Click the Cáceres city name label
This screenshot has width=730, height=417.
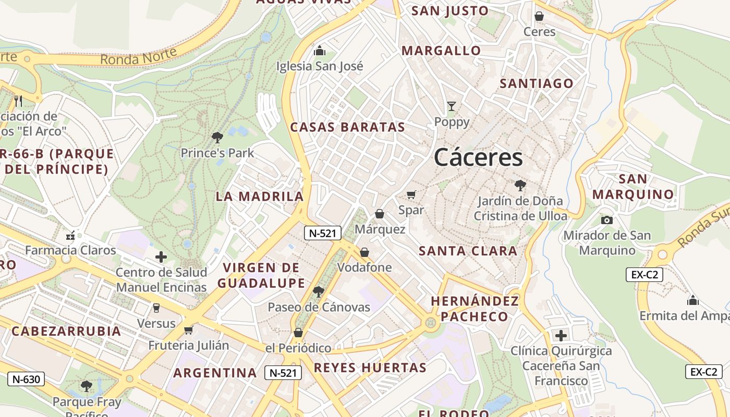[x=478, y=157]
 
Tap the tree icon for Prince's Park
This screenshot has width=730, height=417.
[x=217, y=138]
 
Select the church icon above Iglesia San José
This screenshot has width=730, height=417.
[x=319, y=51]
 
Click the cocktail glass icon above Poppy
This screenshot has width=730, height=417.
[x=452, y=106]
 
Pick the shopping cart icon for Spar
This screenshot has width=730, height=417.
[x=411, y=195]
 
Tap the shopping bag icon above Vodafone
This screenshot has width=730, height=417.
[x=364, y=252]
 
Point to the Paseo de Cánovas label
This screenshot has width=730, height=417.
[x=319, y=307]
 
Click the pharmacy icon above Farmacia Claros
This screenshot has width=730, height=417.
[x=70, y=236]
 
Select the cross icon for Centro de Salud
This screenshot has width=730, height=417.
[x=161, y=256]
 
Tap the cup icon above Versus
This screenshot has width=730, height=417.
[x=156, y=308]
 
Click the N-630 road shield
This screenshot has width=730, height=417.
[x=26, y=379]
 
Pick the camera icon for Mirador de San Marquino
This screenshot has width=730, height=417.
[x=606, y=220]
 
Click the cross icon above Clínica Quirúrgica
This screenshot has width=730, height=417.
[x=561, y=335]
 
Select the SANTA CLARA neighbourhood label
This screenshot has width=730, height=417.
[x=468, y=251]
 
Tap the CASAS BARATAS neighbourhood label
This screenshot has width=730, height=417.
[x=347, y=127]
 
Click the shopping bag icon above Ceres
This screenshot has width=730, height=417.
[x=539, y=17]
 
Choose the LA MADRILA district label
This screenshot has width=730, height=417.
[x=260, y=197]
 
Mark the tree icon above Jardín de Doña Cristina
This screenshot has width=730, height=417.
[x=520, y=185]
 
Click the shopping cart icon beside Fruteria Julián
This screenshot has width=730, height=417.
[x=189, y=330]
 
